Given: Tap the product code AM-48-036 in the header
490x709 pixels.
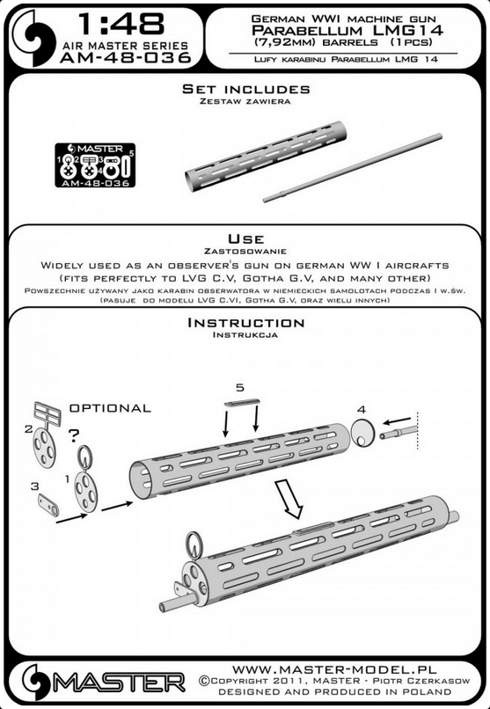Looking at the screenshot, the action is (x=125, y=58).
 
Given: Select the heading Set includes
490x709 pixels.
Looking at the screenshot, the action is (x=246, y=89).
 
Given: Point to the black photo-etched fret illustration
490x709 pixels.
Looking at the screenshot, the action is (x=95, y=165).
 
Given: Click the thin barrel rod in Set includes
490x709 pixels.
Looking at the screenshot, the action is (x=353, y=168).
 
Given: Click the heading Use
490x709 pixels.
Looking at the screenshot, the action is (x=245, y=238).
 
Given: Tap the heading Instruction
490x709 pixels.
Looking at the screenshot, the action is (x=246, y=323).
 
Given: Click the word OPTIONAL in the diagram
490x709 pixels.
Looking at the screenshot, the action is (x=110, y=408).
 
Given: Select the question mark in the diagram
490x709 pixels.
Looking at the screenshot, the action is (x=74, y=435).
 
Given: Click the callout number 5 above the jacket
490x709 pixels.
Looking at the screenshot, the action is (x=240, y=388).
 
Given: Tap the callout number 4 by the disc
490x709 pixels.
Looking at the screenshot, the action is (x=361, y=410).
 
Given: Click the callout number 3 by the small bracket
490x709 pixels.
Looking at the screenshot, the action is (x=35, y=486).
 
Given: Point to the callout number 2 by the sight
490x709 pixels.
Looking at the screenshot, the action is (x=28, y=428).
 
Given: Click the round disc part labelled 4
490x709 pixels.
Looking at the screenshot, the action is (x=363, y=433).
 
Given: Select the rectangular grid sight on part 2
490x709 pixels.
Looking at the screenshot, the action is (x=47, y=413).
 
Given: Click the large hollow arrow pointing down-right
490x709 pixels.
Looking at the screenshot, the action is (x=289, y=499).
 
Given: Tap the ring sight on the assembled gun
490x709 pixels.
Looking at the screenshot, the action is (x=194, y=545).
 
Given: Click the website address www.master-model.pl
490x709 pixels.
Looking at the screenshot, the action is (x=334, y=669).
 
